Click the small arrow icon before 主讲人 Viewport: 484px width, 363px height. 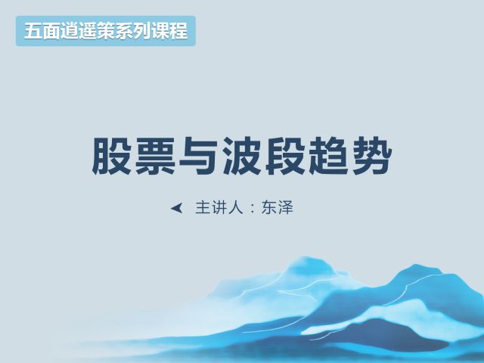coord(176,209)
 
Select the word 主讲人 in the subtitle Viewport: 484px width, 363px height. coord(219,207)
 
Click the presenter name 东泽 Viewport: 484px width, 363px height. coord(278,207)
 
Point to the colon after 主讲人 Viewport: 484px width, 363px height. coord(253,208)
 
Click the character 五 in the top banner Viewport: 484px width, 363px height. coord(33,31)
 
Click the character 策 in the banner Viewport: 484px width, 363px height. coord(106,31)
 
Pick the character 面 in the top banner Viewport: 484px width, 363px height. coord(51,31)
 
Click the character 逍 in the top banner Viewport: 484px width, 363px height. coord(70,31)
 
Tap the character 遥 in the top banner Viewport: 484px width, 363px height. coord(88,31)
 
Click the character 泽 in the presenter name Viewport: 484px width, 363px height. coord(286,207)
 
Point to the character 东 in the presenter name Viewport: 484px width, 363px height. coord(268,207)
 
